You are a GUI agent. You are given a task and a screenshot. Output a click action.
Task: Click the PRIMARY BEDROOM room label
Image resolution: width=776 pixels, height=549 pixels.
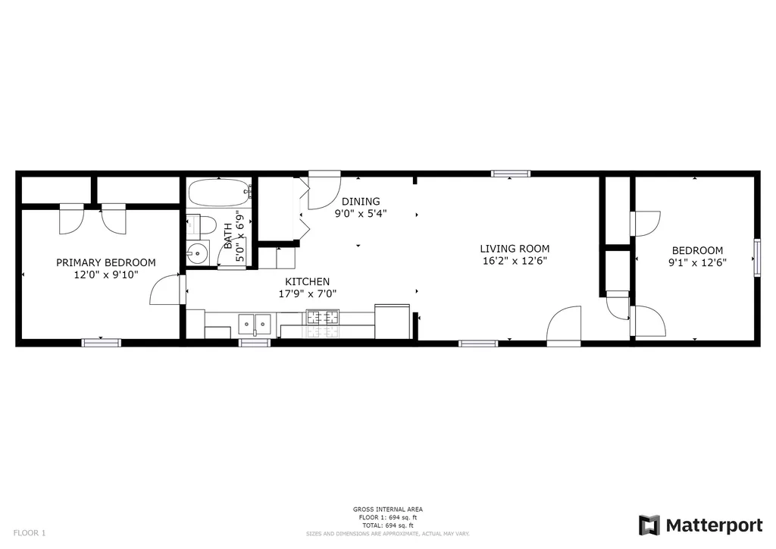(x=105, y=262)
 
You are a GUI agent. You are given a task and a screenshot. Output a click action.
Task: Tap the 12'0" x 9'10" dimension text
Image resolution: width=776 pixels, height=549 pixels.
(x=106, y=274)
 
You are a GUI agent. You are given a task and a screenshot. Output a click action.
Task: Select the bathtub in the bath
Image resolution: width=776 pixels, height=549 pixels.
(x=220, y=193)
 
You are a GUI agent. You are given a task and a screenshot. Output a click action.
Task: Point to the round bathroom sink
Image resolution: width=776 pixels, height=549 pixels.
(x=198, y=253)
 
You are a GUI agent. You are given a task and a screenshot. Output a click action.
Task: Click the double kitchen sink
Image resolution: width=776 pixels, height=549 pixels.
(x=255, y=325)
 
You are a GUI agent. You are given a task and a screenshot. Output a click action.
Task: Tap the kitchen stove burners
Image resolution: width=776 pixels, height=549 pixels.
(x=323, y=317)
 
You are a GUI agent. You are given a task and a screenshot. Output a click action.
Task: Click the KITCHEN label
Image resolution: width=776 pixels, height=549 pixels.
(x=308, y=281)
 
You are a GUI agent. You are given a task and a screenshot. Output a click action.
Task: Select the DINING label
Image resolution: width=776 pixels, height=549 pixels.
(x=361, y=202)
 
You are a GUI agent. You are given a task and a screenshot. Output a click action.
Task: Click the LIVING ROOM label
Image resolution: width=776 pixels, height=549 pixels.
(x=515, y=249)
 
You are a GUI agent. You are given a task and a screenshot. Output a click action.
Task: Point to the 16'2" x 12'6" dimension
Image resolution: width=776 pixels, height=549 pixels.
(x=515, y=261)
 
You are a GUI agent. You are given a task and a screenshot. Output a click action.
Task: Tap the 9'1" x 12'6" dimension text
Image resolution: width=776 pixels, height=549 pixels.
(x=697, y=263)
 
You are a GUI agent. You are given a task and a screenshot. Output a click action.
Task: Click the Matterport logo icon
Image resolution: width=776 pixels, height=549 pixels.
(x=649, y=525)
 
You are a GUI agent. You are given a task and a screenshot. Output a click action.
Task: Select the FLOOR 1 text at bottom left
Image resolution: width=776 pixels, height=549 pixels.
(x=30, y=533)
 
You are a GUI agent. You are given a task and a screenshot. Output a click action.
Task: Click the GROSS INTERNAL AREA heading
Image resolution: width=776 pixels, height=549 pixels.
(x=387, y=510)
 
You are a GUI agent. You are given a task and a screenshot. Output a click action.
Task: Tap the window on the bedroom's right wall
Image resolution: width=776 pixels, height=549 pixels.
(x=757, y=257)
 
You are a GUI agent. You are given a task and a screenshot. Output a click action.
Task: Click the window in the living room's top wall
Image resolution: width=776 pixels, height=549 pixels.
(x=511, y=174)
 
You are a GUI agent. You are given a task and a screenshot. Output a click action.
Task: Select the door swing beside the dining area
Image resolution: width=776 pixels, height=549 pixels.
(x=324, y=190)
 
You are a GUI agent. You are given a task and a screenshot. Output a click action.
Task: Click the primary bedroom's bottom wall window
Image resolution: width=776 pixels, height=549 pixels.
(x=101, y=343)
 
